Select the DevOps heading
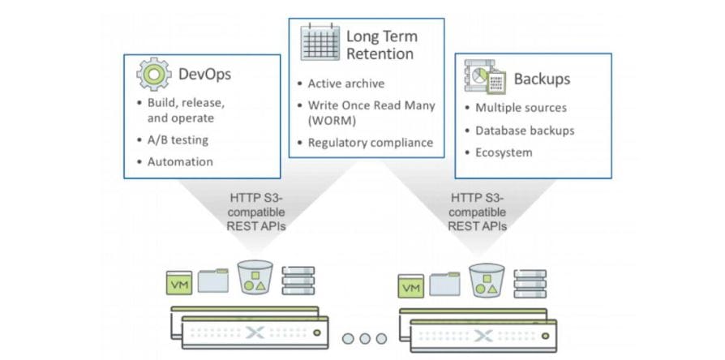(204, 75)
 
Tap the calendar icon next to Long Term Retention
(320, 43)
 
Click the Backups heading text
(542, 79)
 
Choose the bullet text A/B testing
(178, 139)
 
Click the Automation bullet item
(180, 161)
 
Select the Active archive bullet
(345, 84)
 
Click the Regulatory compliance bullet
(371, 143)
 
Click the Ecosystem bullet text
(504, 152)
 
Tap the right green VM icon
(411, 286)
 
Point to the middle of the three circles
(363, 338)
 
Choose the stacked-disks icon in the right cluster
(530, 285)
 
